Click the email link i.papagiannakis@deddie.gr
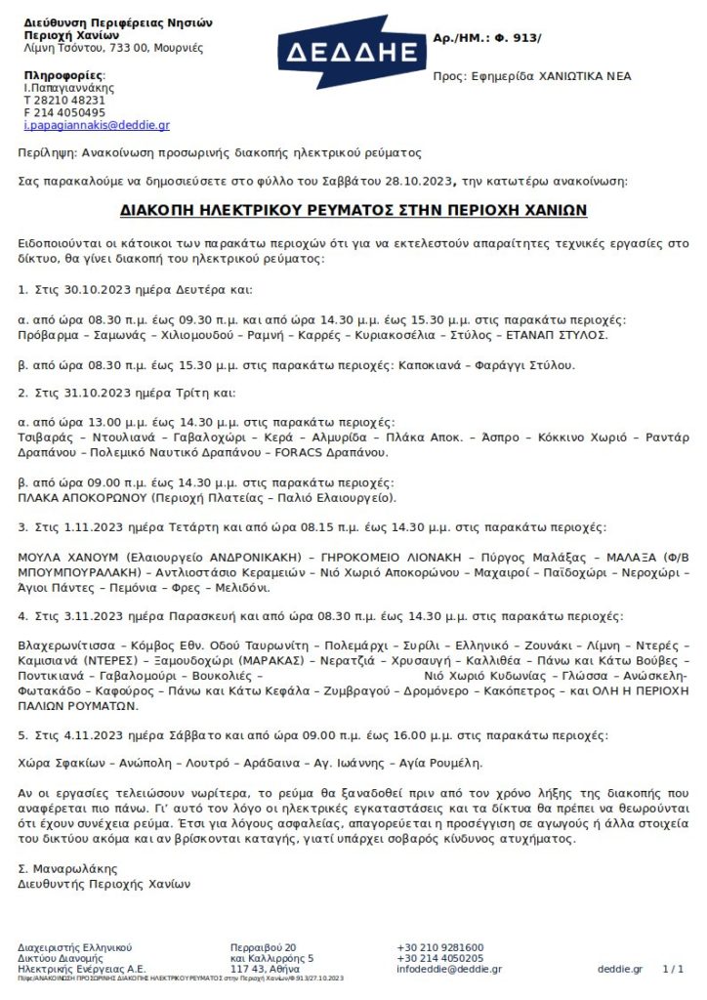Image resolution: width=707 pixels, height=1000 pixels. (97, 125)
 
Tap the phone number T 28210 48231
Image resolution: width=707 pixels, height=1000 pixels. (64, 100)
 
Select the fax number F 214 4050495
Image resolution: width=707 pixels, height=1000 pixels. (64, 112)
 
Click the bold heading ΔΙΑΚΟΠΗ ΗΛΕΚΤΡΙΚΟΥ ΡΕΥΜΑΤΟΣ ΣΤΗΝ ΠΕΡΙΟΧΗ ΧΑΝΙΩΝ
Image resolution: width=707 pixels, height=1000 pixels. (353, 210)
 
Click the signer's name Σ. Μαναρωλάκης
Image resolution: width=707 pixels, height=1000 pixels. (68, 867)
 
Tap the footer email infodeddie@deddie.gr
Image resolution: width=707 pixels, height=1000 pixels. (448, 969)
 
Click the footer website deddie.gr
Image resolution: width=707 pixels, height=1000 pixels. (620, 969)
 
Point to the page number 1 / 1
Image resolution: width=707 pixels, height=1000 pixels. (672, 969)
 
